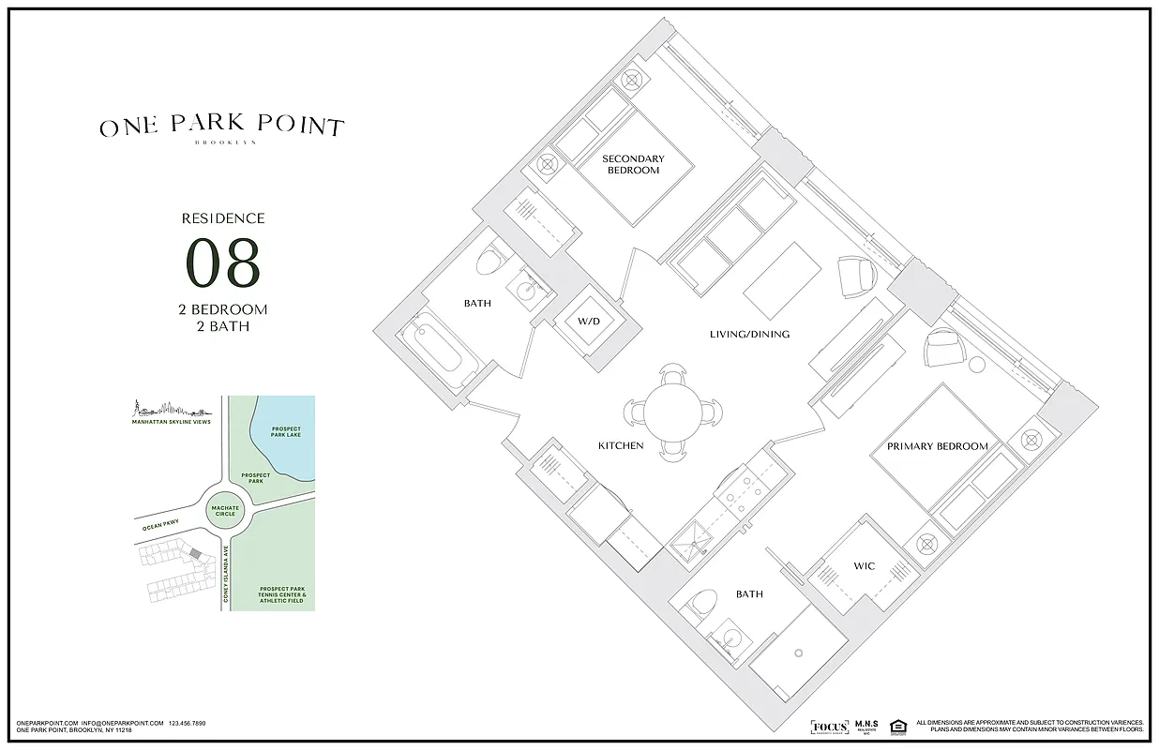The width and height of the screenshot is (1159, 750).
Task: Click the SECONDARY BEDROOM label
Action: [633, 164]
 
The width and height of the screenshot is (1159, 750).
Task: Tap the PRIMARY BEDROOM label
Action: [937, 446]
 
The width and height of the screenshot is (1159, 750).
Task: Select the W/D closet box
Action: [588, 322]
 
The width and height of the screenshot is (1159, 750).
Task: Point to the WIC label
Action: [864, 566]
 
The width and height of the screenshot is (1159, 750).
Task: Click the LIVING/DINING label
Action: [748, 334]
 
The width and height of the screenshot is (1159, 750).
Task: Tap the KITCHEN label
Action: [621, 445]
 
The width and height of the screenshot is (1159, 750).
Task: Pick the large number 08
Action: [222, 264]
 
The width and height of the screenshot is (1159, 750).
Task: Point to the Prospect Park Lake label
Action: [285, 432]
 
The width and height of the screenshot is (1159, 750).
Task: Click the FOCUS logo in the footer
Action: [829, 727]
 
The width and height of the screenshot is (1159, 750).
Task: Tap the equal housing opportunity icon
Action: [897, 726]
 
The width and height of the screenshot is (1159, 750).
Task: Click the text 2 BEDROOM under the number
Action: [222, 309]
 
